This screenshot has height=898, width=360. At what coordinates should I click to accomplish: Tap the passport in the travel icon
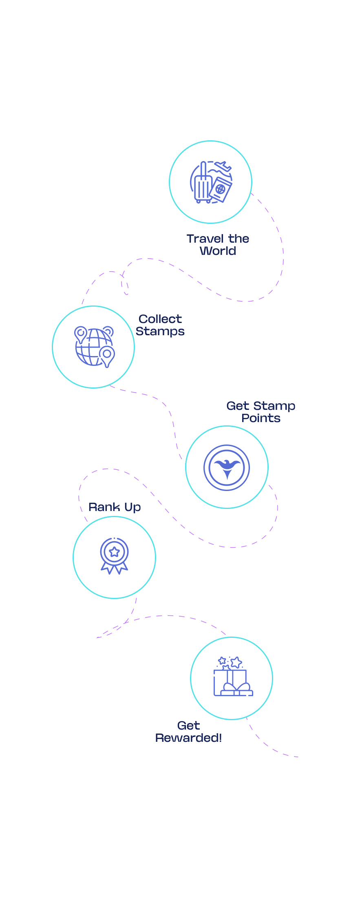pyautogui.click(x=221, y=189)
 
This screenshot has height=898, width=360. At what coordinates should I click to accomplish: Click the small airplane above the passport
pyautogui.click(x=223, y=167)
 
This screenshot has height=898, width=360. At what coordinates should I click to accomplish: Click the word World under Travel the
pyautogui.click(x=218, y=251)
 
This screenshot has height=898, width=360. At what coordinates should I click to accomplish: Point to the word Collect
pyautogui.click(x=160, y=319)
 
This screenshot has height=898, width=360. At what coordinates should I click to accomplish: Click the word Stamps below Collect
pyautogui.click(x=160, y=331)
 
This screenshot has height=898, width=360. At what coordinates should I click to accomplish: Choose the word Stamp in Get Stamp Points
pyautogui.click(x=274, y=406)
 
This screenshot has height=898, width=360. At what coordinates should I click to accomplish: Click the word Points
pyautogui.click(x=261, y=418)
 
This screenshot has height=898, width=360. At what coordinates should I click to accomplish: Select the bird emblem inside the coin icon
pyautogui.click(x=227, y=467)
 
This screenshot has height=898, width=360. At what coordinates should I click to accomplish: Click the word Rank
pyautogui.click(x=104, y=507)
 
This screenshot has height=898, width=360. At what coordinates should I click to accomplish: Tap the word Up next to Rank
pyautogui.click(x=133, y=507)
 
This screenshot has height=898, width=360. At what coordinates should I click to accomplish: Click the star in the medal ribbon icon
pyautogui.click(x=115, y=552)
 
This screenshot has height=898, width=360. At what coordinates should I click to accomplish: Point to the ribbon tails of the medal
pyautogui.click(x=115, y=568)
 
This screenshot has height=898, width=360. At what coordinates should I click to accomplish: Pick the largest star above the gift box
pyautogui.click(x=236, y=662)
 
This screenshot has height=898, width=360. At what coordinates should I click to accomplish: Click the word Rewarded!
pyautogui.click(x=188, y=738)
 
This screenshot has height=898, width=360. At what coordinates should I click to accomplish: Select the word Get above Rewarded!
pyautogui.click(x=188, y=725)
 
